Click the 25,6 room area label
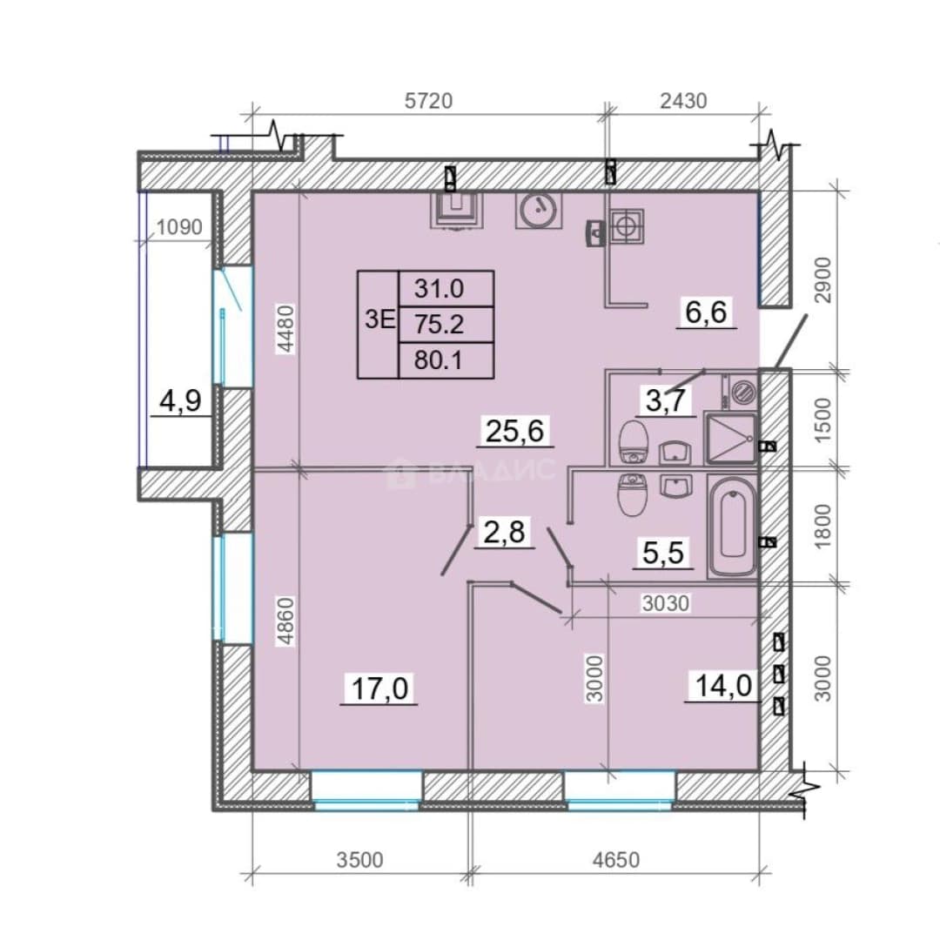coord(515,431)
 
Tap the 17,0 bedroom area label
coord(379,688)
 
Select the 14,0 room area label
coord(723,685)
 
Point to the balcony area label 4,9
coord(180,400)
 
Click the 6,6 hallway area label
coord(706,312)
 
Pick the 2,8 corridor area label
coord(504,532)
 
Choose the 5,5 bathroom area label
coord(662,553)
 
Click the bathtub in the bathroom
coord(732,526)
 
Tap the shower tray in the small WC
coord(731,438)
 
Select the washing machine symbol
coord(742,392)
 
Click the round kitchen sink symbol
coord(539,210)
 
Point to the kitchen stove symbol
coord(627,226)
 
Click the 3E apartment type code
coord(380,319)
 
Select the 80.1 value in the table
coord(438,360)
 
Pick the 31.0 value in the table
coord(439,289)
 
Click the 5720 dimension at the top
coord(428,101)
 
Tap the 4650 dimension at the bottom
coord(615,860)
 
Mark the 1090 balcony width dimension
coord(179,227)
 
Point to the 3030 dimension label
coord(666,603)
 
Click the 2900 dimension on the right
coord(823,280)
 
